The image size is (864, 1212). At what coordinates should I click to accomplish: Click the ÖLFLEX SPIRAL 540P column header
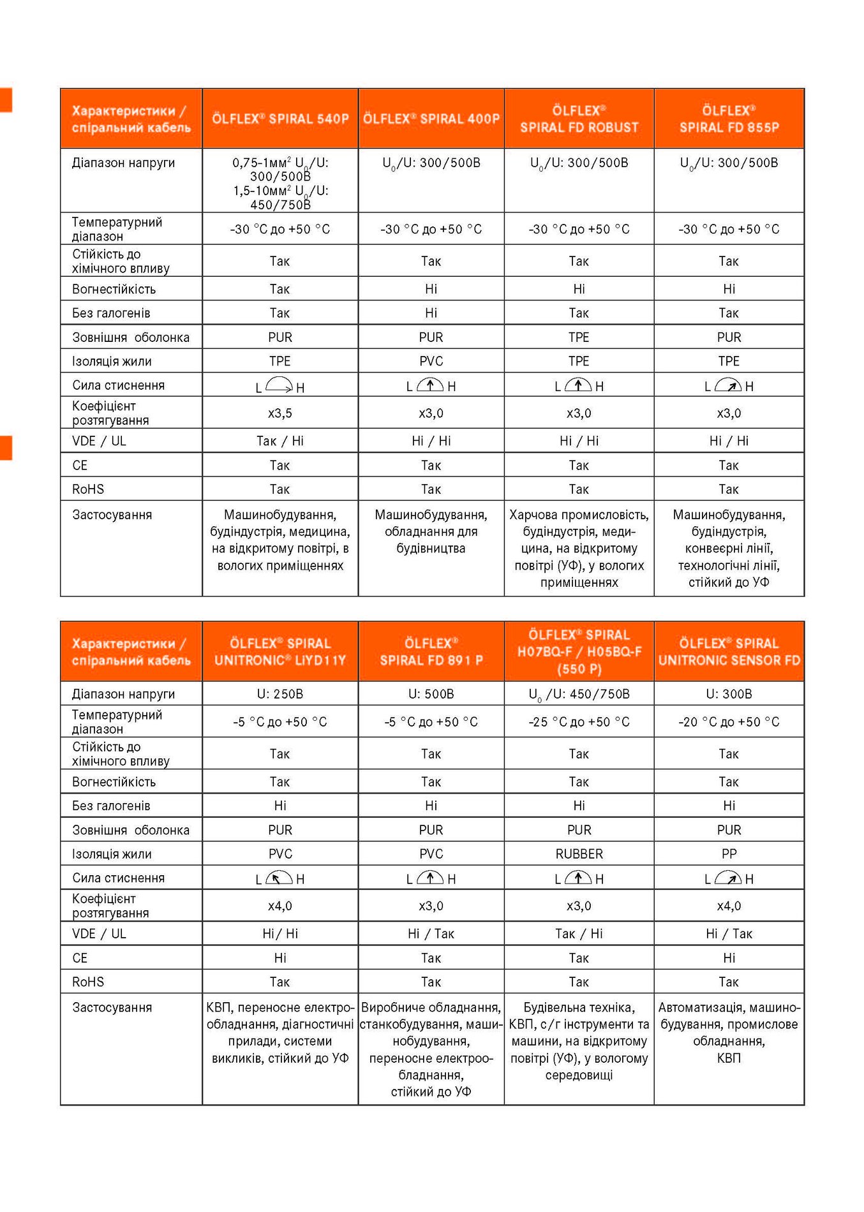click(x=280, y=119)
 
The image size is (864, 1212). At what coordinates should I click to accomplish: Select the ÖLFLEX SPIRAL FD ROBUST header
click(x=579, y=119)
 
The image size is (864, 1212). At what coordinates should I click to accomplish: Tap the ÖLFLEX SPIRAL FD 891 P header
click(x=431, y=651)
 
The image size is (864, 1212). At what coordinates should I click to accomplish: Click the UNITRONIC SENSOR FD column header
click(x=729, y=651)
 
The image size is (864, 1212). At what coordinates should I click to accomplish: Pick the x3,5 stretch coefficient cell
click(x=280, y=413)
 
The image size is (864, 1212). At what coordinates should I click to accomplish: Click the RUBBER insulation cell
click(x=579, y=854)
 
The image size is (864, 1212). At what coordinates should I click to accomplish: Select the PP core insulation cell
click(x=729, y=854)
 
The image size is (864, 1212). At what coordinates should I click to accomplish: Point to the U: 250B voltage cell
click(x=280, y=693)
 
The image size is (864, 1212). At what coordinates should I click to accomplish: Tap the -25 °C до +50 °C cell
click(x=579, y=721)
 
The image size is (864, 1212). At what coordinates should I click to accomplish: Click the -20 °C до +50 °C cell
click(x=729, y=721)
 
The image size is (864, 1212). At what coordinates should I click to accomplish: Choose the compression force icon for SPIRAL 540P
click(x=279, y=385)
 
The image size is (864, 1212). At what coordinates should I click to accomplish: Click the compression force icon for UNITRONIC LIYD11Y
click(x=279, y=878)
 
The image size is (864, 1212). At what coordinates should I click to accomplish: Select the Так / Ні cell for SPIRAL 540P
click(x=280, y=441)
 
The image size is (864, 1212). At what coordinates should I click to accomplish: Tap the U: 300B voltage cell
click(x=729, y=693)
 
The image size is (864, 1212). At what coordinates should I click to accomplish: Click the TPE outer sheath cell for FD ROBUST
click(x=579, y=337)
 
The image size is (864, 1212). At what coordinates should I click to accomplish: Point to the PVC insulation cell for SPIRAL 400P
click(x=431, y=361)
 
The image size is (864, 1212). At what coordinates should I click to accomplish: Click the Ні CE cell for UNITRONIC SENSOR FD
click(x=729, y=957)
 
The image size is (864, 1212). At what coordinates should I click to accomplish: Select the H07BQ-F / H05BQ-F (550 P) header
click(x=579, y=651)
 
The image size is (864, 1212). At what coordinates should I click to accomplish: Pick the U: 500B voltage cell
click(x=431, y=693)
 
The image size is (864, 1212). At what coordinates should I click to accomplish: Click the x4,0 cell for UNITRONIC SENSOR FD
click(x=729, y=906)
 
